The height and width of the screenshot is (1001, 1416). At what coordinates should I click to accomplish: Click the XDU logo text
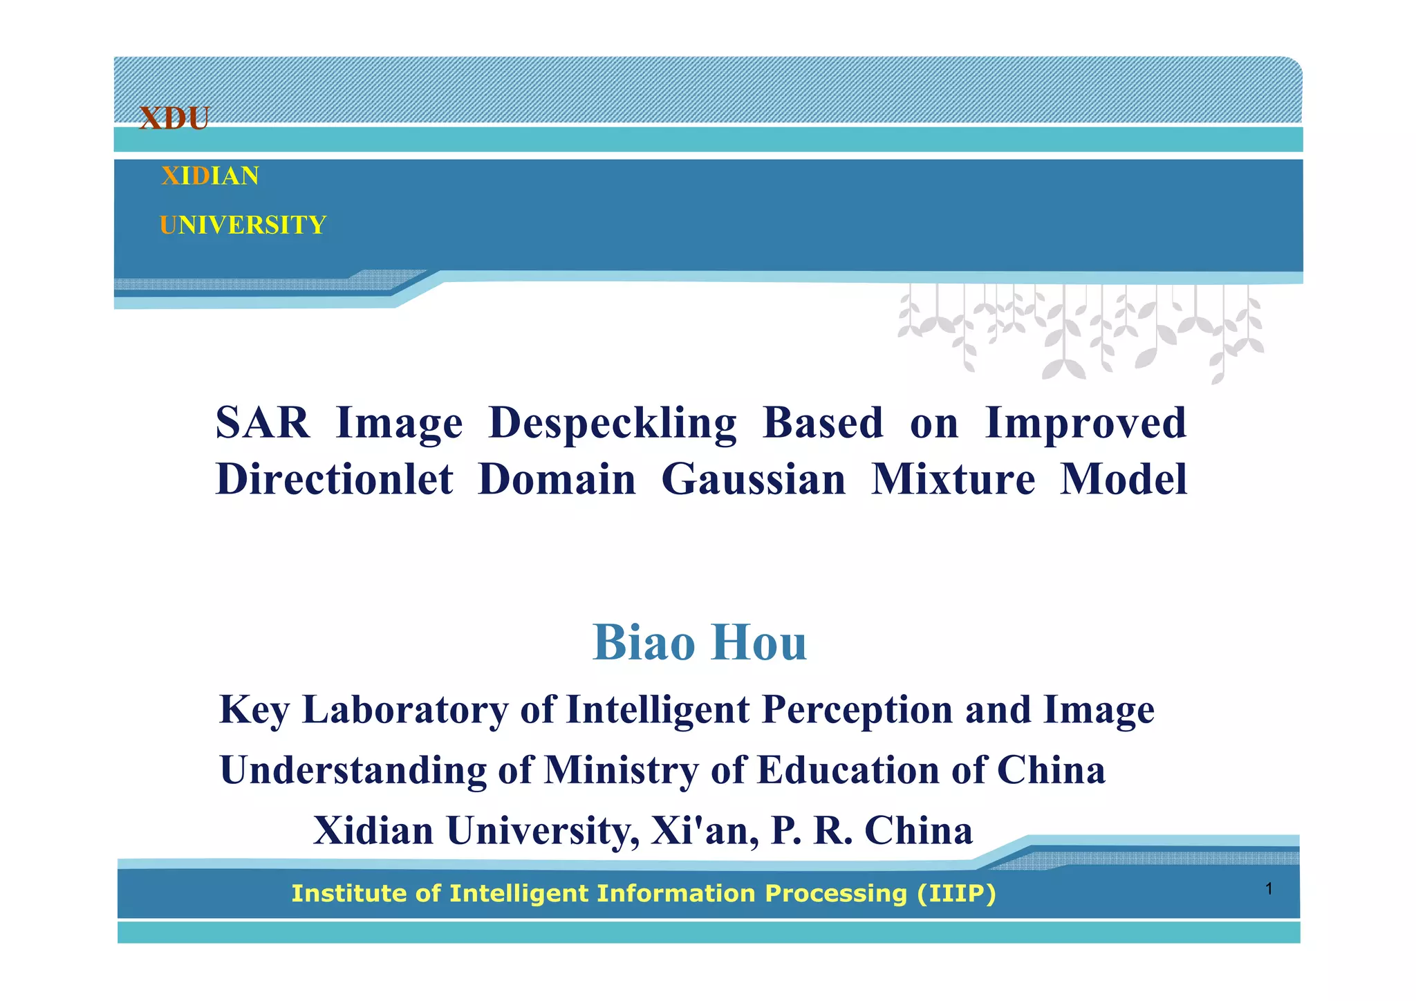pyautogui.click(x=174, y=118)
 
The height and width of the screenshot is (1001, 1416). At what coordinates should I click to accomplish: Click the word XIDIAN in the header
pyautogui.click(x=210, y=176)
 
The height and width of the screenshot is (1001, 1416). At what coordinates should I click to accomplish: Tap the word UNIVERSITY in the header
pyautogui.click(x=243, y=225)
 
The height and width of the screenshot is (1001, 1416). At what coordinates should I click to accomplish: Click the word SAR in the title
pyautogui.click(x=263, y=423)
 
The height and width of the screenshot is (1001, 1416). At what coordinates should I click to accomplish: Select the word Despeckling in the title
pyautogui.click(x=613, y=423)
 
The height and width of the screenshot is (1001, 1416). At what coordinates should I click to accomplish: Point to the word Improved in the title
pyautogui.click(x=1086, y=423)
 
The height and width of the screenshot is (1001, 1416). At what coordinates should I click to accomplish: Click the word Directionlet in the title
pyautogui.click(x=335, y=479)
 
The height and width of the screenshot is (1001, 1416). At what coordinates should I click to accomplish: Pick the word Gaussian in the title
pyautogui.click(x=754, y=479)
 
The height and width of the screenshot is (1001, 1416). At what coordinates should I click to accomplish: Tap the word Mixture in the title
pyautogui.click(x=953, y=479)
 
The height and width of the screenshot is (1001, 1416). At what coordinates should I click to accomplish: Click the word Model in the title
pyautogui.click(x=1124, y=479)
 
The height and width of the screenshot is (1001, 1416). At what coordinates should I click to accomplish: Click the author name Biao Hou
pyautogui.click(x=700, y=643)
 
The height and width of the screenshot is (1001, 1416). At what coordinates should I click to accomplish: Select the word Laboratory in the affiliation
pyautogui.click(x=405, y=710)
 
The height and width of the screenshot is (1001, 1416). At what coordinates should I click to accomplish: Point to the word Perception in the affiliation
pyautogui.click(x=857, y=710)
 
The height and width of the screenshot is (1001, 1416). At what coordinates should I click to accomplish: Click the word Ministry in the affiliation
pyautogui.click(x=622, y=770)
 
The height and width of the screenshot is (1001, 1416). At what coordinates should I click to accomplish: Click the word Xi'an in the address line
pyautogui.click(x=705, y=830)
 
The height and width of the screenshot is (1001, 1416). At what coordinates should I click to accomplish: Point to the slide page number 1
pyautogui.click(x=1269, y=889)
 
